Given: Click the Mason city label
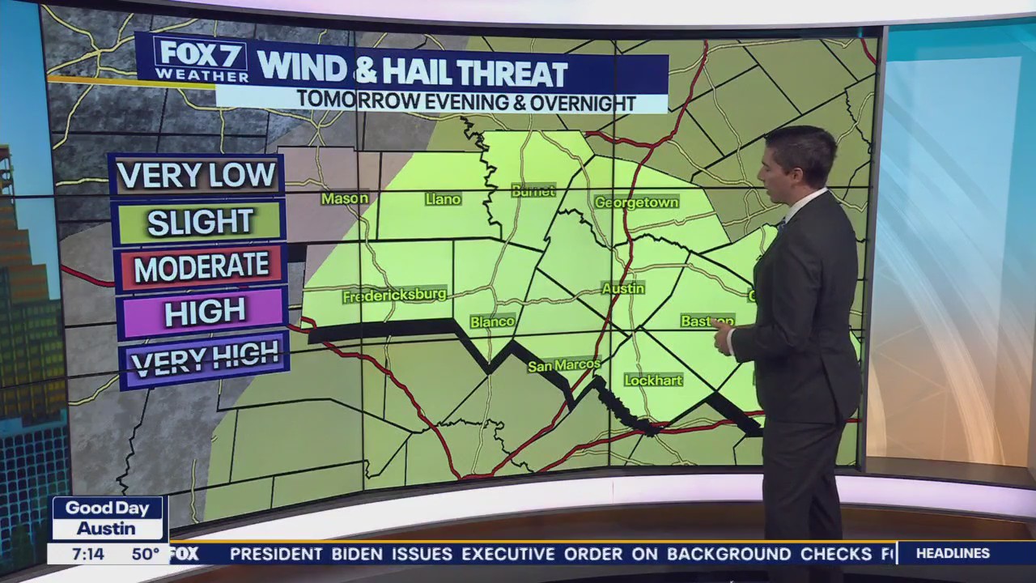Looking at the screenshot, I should click(345, 198).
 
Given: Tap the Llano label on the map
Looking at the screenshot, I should click(443, 199).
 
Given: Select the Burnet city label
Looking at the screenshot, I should click(533, 191).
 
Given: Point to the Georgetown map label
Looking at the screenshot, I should click(636, 202).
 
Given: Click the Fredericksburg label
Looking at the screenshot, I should click(394, 296).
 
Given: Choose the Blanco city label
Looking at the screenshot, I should click(492, 321).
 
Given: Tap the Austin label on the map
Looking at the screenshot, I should click(623, 288).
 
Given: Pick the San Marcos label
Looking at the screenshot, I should click(564, 366).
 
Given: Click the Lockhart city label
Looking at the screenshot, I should click(653, 380).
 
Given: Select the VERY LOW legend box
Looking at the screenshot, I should click(197, 175).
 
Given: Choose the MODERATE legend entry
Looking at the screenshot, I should click(202, 267).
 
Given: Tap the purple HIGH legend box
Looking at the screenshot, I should click(203, 312).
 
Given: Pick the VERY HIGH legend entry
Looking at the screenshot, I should click(204, 358).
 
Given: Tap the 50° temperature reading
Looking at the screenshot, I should click(146, 555).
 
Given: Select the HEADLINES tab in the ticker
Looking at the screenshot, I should click(953, 554).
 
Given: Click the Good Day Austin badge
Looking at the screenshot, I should click(108, 518).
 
